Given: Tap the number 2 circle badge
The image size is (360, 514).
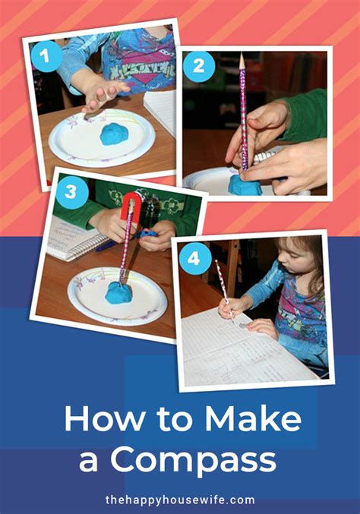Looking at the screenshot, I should (198, 66).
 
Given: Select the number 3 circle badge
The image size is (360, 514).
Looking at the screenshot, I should (71, 192).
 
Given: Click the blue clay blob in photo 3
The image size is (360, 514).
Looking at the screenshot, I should (119, 292).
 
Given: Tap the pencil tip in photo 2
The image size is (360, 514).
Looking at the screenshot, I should (242, 58).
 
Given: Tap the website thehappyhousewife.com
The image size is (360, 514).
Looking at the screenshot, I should (180, 500).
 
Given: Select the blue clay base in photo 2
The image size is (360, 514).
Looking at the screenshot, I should (245, 185).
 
